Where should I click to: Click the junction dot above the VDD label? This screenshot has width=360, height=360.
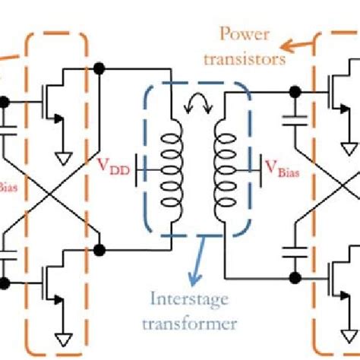pyautogui.click(x=99, y=69)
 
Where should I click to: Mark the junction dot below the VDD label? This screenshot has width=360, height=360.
pyautogui.click(x=99, y=248)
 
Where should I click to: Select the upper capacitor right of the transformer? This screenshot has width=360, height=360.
pyautogui.click(x=293, y=118)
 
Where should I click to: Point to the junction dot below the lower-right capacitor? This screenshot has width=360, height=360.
pyautogui.click(x=293, y=276)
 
